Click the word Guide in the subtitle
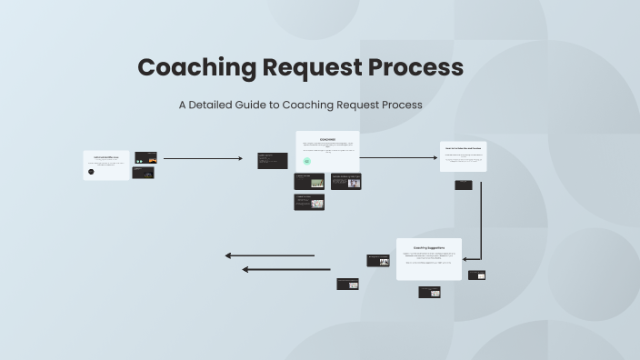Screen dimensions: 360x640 pos(268,105)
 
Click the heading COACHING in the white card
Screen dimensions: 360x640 pos(327,139)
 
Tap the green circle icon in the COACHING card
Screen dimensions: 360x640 pos(307,162)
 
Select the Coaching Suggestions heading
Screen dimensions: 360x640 pos(428,246)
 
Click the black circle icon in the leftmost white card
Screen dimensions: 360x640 pos(91,171)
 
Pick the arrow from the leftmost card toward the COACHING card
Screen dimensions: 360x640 pos(203,158)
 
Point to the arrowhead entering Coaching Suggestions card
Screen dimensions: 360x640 pos(466,259)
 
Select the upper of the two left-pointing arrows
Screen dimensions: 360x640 pos(270,255)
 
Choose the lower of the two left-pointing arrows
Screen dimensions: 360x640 pos(286,269)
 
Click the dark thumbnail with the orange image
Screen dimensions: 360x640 pos(145,157)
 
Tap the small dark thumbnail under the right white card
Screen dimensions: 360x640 pos(464,185)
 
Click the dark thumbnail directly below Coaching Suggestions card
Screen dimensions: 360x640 pos(429,292)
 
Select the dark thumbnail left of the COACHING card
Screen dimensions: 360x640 pos(273,160)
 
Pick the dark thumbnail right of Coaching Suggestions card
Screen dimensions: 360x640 pos(476,275)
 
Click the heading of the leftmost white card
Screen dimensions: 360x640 pos(106,156)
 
